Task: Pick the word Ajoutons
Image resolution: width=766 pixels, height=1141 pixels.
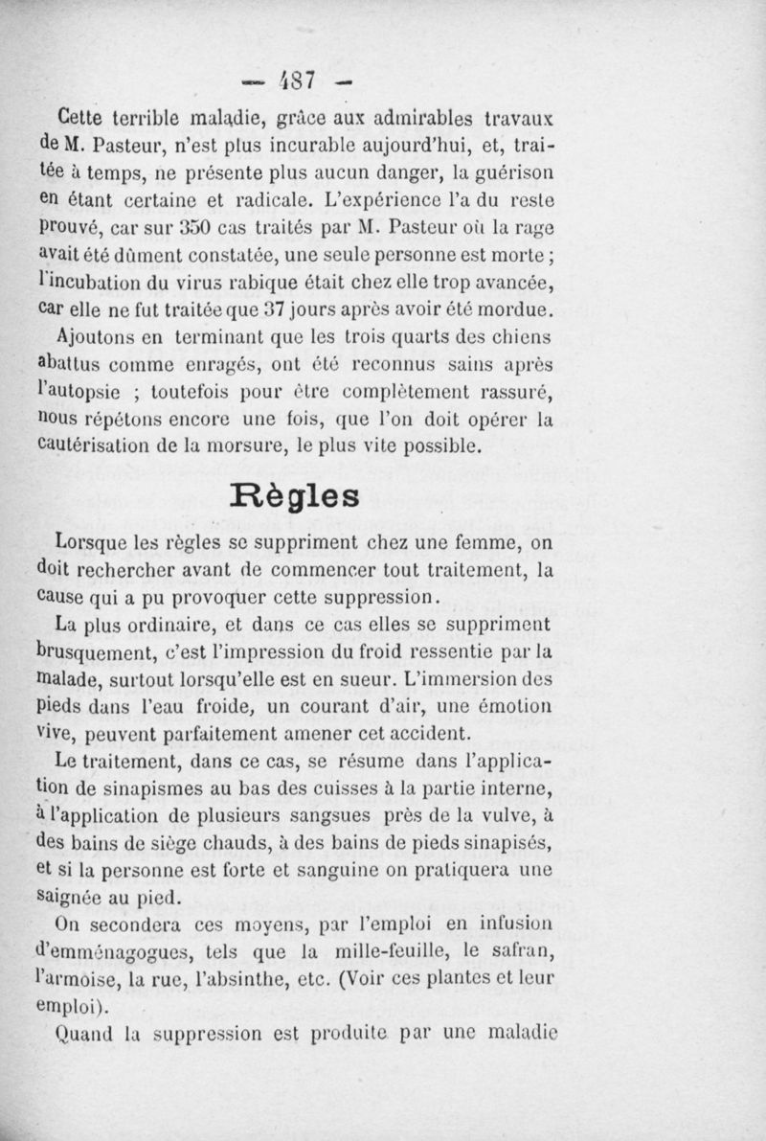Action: pos(94,338)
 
